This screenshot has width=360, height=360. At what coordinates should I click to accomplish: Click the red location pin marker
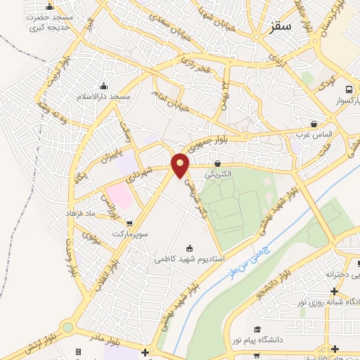181,165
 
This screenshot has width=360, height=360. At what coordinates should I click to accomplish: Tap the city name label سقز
280,28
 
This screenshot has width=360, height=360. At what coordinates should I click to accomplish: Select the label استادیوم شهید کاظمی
190,259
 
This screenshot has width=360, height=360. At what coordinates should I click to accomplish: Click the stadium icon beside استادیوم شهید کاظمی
188,247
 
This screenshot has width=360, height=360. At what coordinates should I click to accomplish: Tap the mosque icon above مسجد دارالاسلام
104,86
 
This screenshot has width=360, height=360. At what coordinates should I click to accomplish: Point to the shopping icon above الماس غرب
333,123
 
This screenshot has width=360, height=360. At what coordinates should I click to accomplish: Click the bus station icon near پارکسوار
349,89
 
